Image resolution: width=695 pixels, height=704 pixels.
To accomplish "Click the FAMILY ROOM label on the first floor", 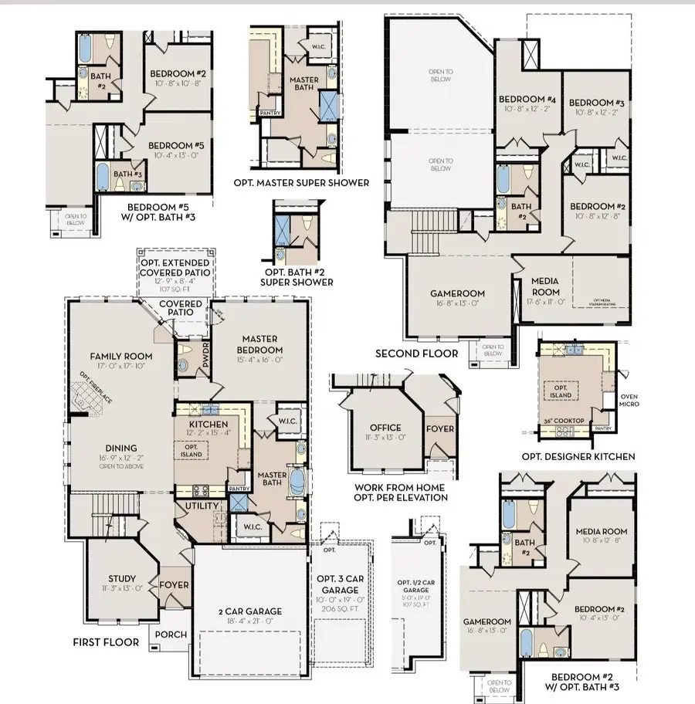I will tap(121, 356).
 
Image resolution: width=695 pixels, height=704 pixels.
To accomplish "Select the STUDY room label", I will tap(122, 579).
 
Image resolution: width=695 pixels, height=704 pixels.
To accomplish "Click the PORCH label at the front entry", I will tap(171, 635).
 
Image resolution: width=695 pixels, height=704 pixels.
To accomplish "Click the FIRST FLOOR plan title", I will tap(106, 642).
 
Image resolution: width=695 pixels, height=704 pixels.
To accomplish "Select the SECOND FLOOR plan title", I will tap(416, 354).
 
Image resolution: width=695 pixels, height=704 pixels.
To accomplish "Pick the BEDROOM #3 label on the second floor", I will tap(596, 103).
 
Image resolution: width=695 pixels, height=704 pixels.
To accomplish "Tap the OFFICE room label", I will tap(385, 428).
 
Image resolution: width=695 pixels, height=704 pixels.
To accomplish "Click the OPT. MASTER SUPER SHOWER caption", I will tap(300, 183).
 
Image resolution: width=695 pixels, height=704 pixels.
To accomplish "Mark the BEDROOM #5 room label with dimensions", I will tap(176, 145).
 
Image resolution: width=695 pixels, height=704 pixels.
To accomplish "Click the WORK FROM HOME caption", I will tap(400, 488).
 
